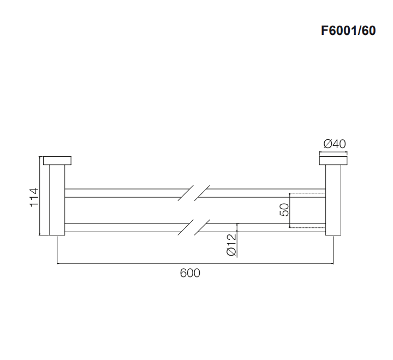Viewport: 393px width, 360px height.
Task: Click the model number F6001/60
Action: [x=348, y=31]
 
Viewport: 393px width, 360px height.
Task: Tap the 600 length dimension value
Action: [x=190, y=273]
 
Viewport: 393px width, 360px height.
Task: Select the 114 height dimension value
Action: [x=34, y=197]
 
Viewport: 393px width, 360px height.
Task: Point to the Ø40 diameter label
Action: [x=335, y=144]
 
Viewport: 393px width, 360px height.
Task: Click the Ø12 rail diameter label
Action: [x=231, y=245]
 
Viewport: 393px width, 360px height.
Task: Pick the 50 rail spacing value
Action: [x=284, y=210]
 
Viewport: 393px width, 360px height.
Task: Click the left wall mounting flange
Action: [x=57, y=161]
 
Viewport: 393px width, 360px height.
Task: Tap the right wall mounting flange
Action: [x=333, y=161]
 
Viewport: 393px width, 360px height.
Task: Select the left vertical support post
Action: [x=57, y=200]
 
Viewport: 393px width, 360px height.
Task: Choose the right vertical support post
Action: [x=333, y=200]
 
